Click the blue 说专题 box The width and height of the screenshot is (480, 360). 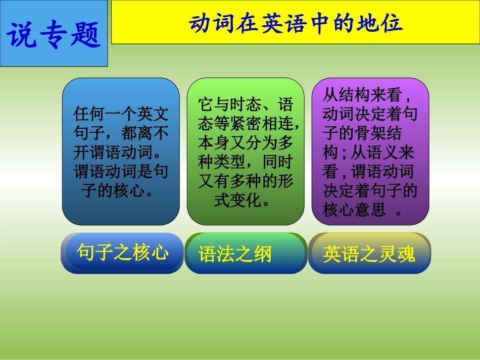54,34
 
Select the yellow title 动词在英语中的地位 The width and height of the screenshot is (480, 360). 295,22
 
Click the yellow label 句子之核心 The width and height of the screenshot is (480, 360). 122,252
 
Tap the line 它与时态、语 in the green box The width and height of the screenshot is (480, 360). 246,106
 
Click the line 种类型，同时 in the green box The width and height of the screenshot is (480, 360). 246,162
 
